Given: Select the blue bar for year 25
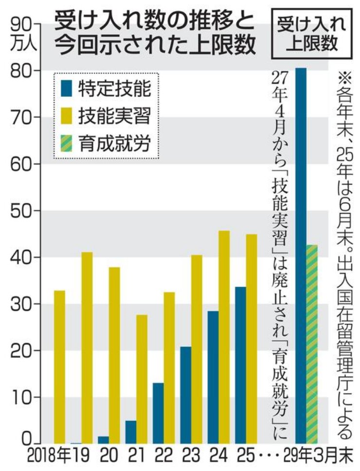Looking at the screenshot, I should [x=240, y=364].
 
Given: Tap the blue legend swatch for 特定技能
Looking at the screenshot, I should [x=67, y=89].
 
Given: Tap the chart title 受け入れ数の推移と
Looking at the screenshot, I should [x=153, y=21].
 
